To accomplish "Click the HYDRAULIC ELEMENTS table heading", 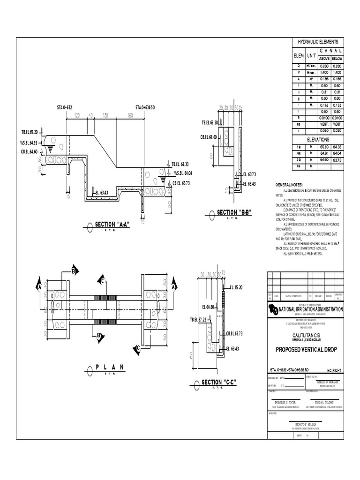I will tap(318, 42).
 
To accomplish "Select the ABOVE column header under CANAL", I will tap(324, 59).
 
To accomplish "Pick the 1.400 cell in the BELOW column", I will tap(337, 74).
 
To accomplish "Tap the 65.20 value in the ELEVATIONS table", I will tap(324, 147).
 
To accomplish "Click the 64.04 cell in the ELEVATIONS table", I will tap(337, 153).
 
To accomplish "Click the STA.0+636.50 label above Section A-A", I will tap(145, 108).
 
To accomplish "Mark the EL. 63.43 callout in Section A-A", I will tap(101, 192).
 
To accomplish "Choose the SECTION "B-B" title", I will tap(234, 212).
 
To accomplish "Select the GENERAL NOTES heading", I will tap(289, 185).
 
